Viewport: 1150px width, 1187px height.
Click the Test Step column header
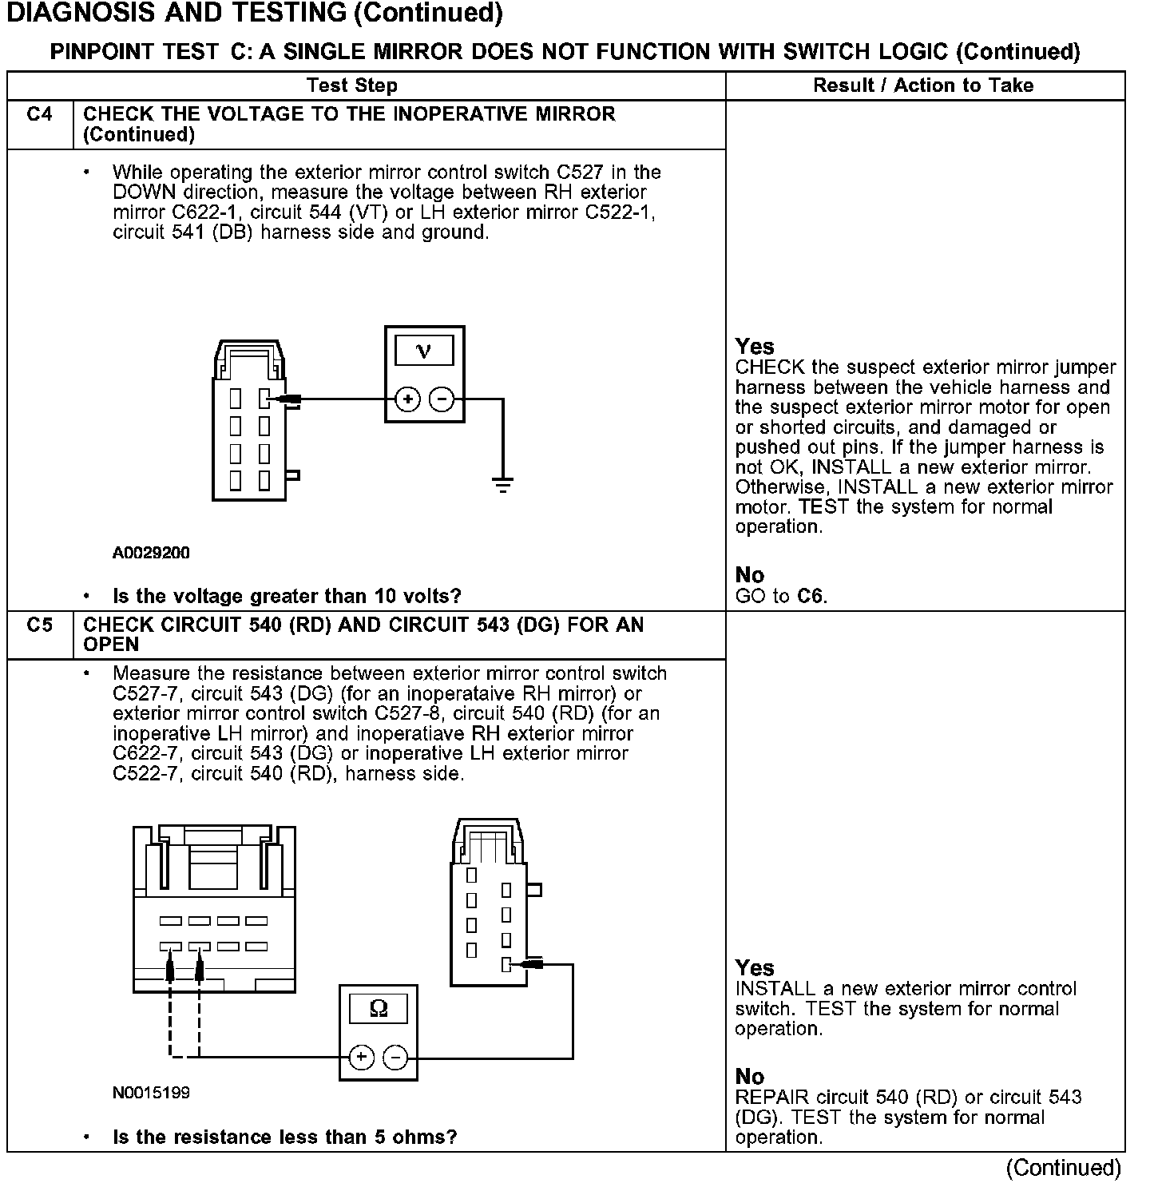pyautogui.click(x=352, y=85)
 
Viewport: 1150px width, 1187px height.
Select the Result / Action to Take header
pyautogui.click(x=923, y=85)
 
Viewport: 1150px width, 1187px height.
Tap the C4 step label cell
pyautogui.click(x=39, y=114)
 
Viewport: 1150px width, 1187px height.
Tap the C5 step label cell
pyautogui.click(x=39, y=625)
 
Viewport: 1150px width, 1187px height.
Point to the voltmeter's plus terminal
pyautogui.click(x=407, y=399)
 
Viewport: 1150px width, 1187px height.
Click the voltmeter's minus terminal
pyautogui.click(x=442, y=399)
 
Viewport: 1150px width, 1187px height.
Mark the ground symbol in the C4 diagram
pyautogui.click(x=502, y=484)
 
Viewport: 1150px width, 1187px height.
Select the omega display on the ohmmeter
pyautogui.click(x=379, y=1010)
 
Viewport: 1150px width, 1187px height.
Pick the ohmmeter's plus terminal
pyautogui.click(x=361, y=1058)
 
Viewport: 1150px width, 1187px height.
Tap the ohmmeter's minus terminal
pyautogui.click(x=395, y=1058)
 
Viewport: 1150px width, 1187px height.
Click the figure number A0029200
pyautogui.click(x=151, y=553)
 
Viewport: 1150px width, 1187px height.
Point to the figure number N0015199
pyautogui.click(x=151, y=1093)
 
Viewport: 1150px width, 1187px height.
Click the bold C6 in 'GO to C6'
pyautogui.click(x=811, y=596)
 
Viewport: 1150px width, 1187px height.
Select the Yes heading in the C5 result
pyautogui.click(x=755, y=968)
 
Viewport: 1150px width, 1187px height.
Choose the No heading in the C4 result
pyautogui.click(x=749, y=575)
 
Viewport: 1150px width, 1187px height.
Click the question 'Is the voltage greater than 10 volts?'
pyautogui.click(x=287, y=596)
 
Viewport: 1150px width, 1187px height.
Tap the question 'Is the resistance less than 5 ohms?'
pyautogui.click(x=284, y=1137)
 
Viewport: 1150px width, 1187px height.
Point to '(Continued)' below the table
pyautogui.click(x=1064, y=1168)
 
